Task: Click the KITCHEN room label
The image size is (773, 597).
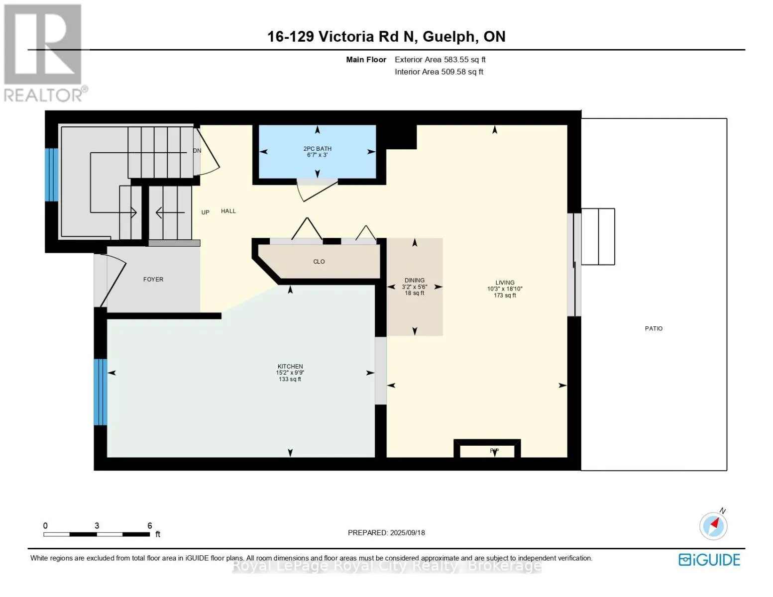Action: [x=290, y=367]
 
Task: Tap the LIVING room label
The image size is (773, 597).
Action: [x=505, y=283]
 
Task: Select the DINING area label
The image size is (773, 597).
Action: [x=415, y=281]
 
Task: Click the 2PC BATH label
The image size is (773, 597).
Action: [x=317, y=149]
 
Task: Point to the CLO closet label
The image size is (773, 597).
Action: [x=319, y=262]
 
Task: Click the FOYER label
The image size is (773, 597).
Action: [x=153, y=280]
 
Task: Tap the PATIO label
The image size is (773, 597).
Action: [x=654, y=329]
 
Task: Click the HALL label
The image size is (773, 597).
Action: [x=228, y=211]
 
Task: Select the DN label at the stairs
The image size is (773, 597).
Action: [x=197, y=151]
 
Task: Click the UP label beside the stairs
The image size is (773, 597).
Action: [x=205, y=212]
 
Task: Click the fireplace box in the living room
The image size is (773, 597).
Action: [x=487, y=450]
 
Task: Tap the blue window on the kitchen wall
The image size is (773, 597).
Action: [x=101, y=392]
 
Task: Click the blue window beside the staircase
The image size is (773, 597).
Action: [x=52, y=175]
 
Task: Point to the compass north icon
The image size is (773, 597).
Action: [x=714, y=525]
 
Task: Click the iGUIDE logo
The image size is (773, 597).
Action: [x=709, y=560]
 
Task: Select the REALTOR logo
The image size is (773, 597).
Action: [x=43, y=52]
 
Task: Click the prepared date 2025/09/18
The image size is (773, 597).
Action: [x=408, y=533]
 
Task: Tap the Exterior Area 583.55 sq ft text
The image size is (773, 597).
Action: [x=440, y=60]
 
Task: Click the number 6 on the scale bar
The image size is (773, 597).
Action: [x=149, y=526]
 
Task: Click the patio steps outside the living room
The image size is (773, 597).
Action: [x=598, y=237]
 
